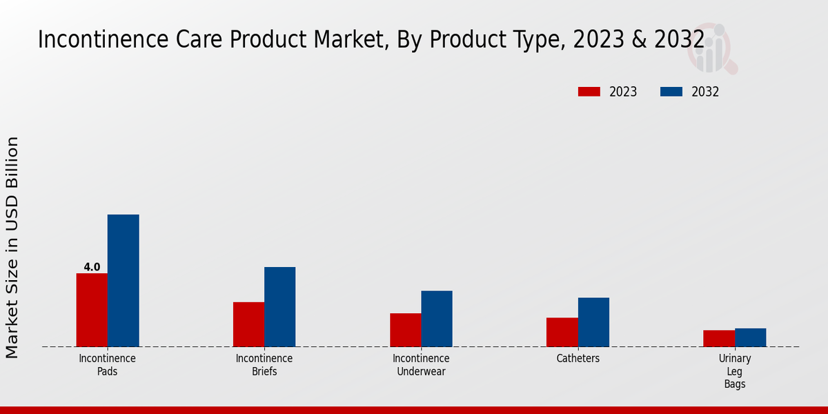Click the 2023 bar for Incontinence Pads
coord(92,310)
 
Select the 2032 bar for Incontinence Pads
coord(123,280)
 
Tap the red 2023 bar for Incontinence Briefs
coord(248,324)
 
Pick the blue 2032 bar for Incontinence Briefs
coord(279,306)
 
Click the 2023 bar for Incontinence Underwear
coord(406,330)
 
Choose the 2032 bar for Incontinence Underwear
coord(437,318)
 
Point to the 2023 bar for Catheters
coord(562,332)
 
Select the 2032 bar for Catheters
coord(593,322)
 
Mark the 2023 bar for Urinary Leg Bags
coord(719,338)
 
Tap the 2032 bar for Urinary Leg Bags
coord(750,337)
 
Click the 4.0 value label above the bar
coord(92,267)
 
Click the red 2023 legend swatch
coord(589,92)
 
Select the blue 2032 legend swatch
coord(671,92)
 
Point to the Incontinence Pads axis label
coord(108,365)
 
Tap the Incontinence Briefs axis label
coord(264,365)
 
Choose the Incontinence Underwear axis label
coord(421,365)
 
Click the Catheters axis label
coord(578,359)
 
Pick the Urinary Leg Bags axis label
coord(735,371)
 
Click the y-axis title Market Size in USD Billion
coord(12,247)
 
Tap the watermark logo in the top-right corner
coord(711,48)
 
